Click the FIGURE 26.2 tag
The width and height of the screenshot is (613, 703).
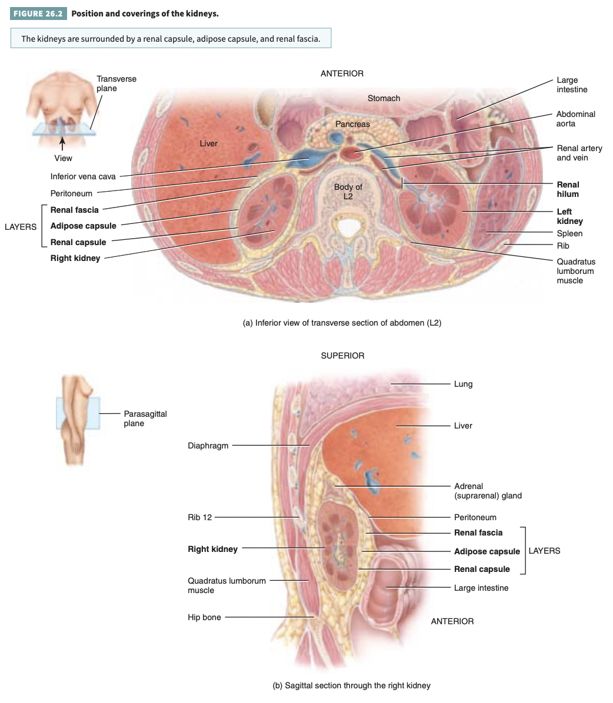point(39,14)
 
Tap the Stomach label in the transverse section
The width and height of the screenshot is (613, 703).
point(384,98)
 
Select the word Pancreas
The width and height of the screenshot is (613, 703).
point(352,124)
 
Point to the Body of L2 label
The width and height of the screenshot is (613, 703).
point(348,192)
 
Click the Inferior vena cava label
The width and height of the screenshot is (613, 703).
point(83,176)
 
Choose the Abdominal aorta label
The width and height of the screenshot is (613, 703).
point(575,119)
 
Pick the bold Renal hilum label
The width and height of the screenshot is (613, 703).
point(568,189)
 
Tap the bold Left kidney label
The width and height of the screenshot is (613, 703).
point(569,216)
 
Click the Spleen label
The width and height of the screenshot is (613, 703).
point(569,233)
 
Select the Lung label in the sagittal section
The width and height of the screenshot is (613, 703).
point(463,384)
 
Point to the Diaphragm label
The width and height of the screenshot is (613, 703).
point(208,446)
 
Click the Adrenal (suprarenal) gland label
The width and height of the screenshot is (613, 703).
point(488,491)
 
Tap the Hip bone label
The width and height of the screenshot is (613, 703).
point(204,617)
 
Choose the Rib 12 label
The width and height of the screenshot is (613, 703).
point(199,517)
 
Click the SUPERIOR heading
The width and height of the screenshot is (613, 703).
point(342,356)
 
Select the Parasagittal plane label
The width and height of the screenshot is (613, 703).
point(145,419)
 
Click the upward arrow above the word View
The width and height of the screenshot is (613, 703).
point(62,143)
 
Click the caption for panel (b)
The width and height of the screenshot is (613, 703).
point(351,685)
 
